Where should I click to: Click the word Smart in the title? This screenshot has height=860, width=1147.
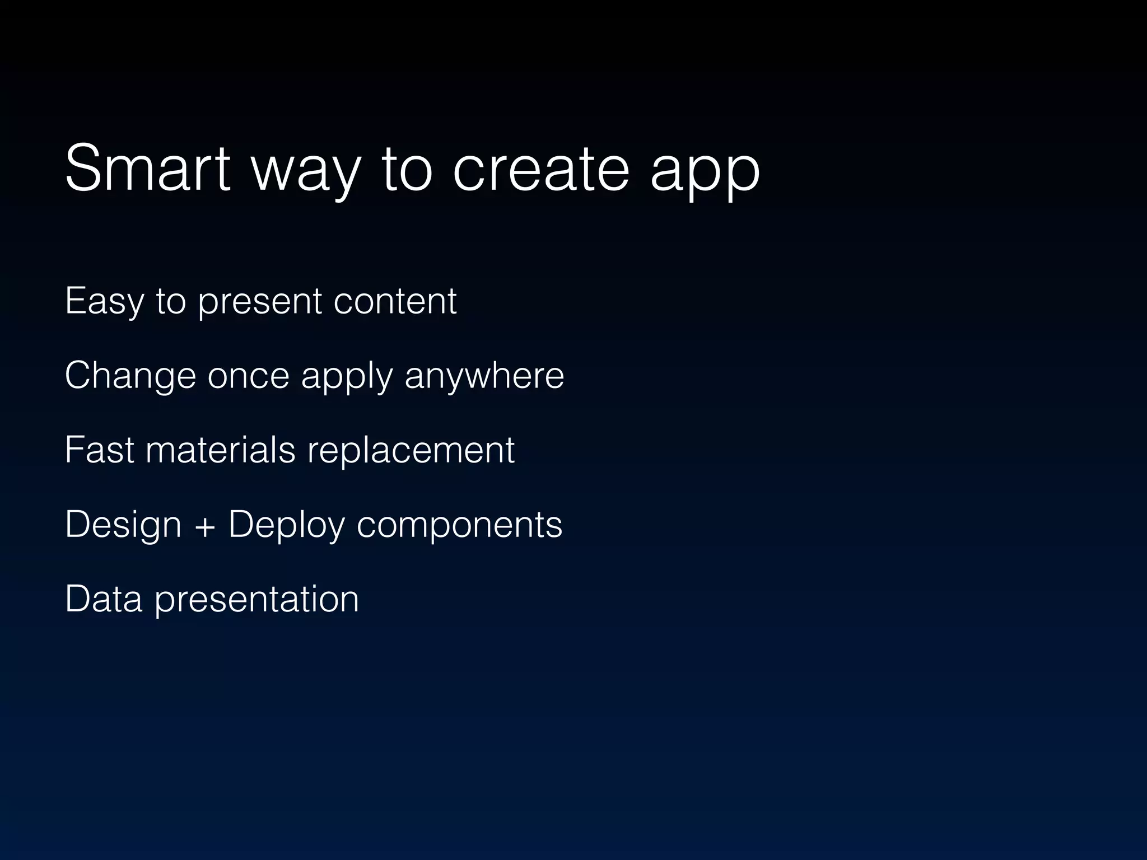[147, 168]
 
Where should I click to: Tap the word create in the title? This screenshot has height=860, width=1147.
[541, 168]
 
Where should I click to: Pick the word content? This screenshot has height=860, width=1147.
[395, 301]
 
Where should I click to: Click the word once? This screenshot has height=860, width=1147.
[248, 375]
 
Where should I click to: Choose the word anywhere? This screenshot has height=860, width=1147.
[484, 376]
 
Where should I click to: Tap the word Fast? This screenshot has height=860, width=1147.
[99, 450]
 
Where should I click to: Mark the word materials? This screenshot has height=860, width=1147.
[220, 450]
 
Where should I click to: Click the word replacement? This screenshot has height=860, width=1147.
[411, 451]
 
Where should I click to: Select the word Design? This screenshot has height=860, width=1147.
[123, 525]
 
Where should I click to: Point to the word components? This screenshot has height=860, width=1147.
[459, 526]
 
